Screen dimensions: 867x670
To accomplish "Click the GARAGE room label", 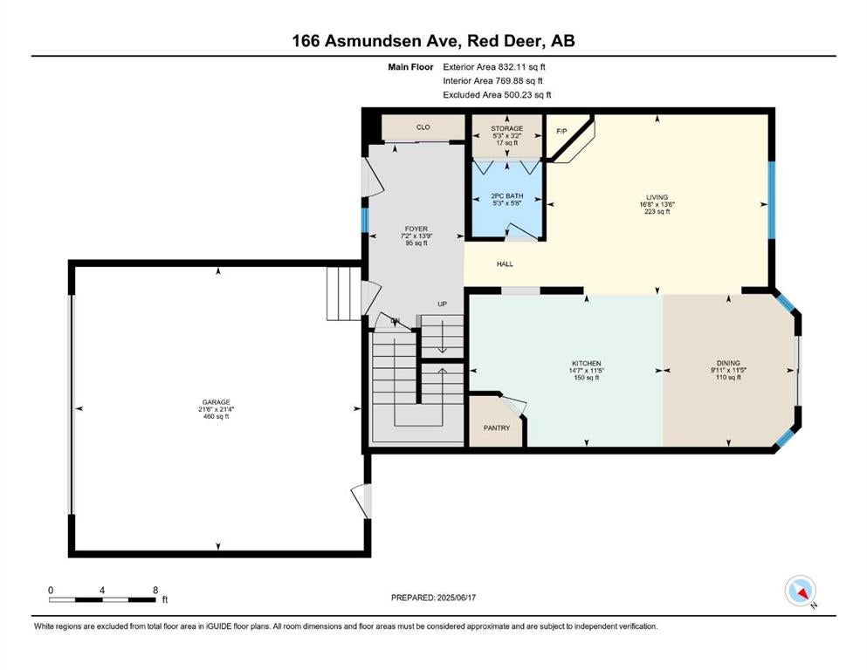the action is [x=216, y=402].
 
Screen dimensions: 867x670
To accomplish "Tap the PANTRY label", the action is [x=497, y=427].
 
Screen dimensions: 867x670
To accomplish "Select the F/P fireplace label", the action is [x=561, y=132].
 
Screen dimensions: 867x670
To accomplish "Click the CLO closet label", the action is [x=423, y=127].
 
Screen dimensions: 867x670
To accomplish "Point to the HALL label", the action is [x=505, y=264].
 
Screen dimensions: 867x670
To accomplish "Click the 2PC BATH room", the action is [x=507, y=200].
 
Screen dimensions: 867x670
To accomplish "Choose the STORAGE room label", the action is [x=507, y=129].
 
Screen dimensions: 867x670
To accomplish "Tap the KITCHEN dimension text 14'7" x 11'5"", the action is [x=587, y=371].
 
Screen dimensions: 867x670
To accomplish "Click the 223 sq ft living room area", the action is [x=657, y=211].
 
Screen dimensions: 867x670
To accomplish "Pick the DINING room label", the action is [x=728, y=364].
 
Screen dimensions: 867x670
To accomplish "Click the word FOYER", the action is [x=416, y=229].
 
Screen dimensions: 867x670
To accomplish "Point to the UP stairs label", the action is [x=443, y=304].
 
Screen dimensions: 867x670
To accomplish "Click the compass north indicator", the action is [x=801, y=591].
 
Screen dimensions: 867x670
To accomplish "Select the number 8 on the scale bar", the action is [x=155, y=591].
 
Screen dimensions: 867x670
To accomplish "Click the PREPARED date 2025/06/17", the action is [x=456, y=598].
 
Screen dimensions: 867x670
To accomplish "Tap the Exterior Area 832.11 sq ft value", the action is [x=494, y=67].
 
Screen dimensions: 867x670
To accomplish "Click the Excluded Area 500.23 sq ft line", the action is [x=497, y=94].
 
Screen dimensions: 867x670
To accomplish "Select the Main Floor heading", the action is [x=410, y=67].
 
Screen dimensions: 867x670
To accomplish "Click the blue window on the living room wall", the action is [x=772, y=200].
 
